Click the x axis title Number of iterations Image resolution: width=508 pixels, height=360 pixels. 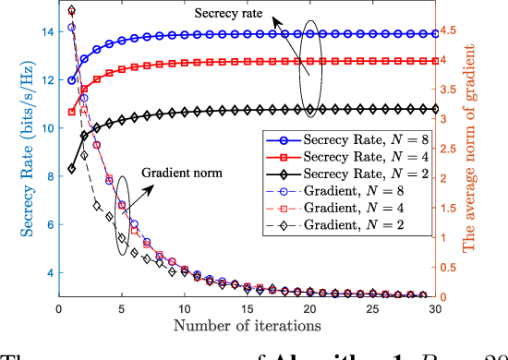pos(247,326)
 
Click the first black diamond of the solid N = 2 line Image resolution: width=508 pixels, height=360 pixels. pos(72,169)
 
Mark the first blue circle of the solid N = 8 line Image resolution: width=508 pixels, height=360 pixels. pos(72,80)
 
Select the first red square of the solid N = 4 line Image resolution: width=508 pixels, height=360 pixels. pos(72,112)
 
